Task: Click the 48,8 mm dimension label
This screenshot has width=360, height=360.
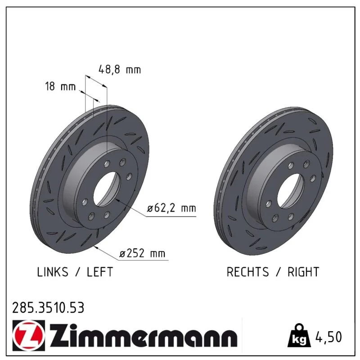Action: (x=120, y=69)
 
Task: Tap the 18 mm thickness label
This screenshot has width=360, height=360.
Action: (x=60, y=86)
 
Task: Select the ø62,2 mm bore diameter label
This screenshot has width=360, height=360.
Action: (x=171, y=208)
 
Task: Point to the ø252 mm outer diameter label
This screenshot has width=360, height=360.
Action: (x=142, y=253)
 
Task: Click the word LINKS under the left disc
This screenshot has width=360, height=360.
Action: (x=53, y=272)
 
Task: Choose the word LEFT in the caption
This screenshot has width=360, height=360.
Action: (x=100, y=272)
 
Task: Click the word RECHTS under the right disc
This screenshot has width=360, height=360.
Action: (x=247, y=272)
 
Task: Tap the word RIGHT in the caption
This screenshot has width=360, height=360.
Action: (x=303, y=272)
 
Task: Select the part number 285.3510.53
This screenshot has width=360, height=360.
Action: (x=48, y=308)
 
